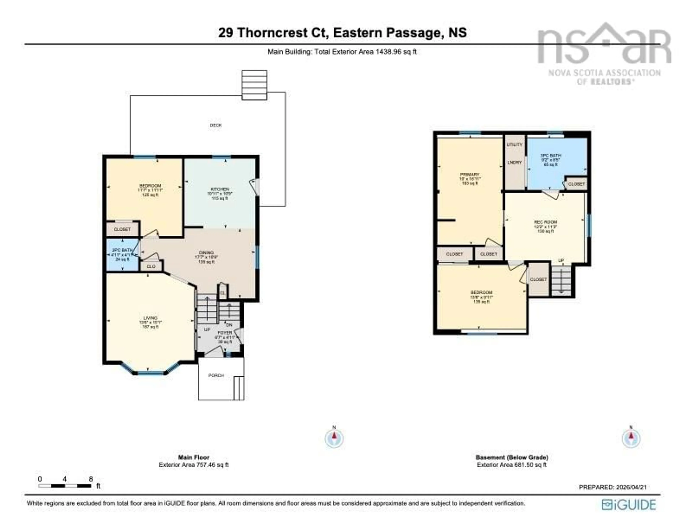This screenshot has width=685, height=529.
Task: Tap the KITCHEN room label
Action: coord(220,189)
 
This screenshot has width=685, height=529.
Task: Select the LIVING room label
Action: coord(151,318)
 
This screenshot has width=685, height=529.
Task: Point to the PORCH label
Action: coord(216,375)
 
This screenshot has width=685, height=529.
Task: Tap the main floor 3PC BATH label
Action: coord(122,250)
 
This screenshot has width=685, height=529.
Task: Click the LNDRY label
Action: coord(514,162)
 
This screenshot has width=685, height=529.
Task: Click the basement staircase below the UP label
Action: coord(561,281)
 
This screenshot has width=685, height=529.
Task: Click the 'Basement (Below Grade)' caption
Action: coord(512,457)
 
